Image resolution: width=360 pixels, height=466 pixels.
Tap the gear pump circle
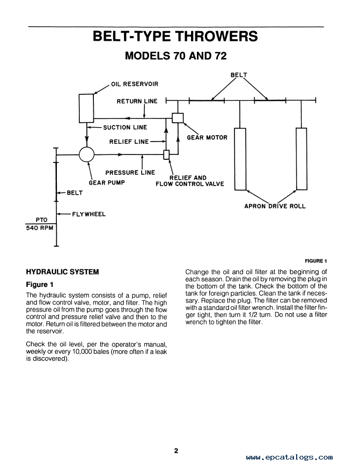pos(87,154)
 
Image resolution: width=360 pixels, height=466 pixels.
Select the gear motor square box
pos(178,118)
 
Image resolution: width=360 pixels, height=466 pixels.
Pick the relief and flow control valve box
pos(166,155)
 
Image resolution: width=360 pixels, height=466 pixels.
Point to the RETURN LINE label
pos(137,101)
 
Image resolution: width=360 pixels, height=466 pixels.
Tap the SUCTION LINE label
pos(125,128)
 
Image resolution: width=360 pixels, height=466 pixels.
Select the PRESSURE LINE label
pos(130,173)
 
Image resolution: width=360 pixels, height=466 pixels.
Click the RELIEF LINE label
pos(129,142)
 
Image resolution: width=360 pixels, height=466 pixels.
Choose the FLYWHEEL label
pos(89,214)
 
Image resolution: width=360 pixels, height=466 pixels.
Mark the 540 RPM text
pos(40,228)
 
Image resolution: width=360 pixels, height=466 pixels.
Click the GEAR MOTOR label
pos(207,138)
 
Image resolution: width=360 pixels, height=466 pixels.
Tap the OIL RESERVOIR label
pos(135,84)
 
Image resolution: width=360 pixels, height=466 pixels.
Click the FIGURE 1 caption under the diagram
pos(316,261)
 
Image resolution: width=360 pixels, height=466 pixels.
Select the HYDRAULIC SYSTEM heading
pos(62,272)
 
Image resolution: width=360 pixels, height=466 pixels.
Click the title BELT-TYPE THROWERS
pos(175,36)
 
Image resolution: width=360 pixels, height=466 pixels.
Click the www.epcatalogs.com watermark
pos(289,457)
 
